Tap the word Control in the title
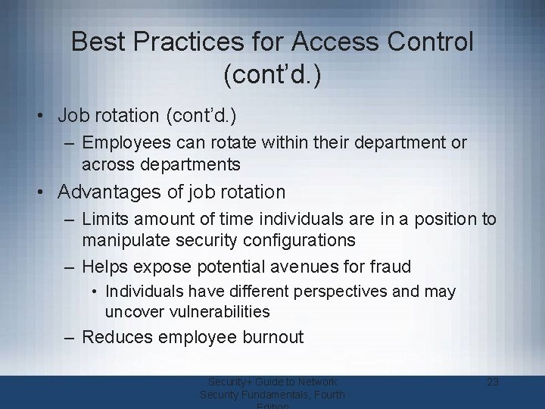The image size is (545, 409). (434, 42)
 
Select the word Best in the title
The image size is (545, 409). (96, 42)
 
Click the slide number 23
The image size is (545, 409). (493, 382)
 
